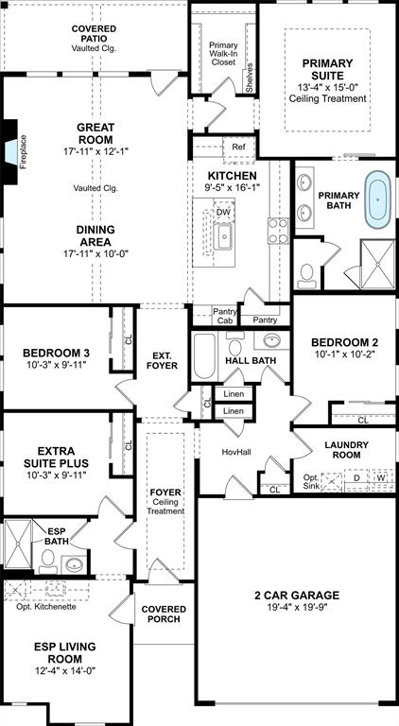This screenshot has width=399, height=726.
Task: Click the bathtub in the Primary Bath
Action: (x=377, y=199)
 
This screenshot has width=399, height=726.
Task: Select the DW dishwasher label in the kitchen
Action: (x=223, y=212)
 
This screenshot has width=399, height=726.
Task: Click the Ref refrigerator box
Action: (x=238, y=147)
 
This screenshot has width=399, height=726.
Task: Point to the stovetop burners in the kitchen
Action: (x=278, y=231)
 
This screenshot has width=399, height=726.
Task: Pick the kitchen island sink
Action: (x=222, y=236)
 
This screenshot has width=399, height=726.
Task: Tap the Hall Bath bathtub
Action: (x=204, y=356)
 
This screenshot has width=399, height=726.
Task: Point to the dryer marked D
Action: (x=356, y=477)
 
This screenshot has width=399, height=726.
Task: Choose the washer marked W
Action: (x=381, y=477)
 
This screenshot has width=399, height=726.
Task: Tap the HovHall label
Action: (x=236, y=452)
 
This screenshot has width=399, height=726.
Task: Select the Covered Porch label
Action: (x=164, y=614)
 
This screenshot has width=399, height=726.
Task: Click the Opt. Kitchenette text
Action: (x=46, y=607)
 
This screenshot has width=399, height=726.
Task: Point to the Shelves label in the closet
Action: (x=250, y=78)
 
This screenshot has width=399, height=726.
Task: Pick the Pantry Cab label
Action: (x=225, y=316)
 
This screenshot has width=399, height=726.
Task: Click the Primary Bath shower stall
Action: (x=377, y=265)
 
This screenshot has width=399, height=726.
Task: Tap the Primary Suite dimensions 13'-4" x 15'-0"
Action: (x=328, y=87)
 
